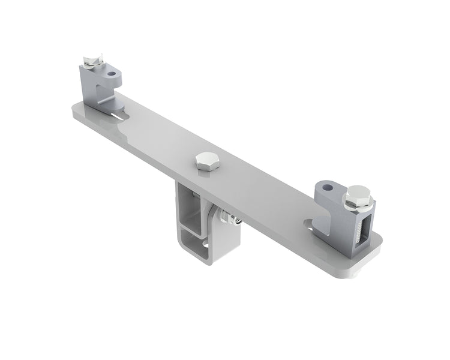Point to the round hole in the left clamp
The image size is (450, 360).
tap(112, 74)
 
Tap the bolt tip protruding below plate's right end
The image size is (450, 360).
tap(356, 275)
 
